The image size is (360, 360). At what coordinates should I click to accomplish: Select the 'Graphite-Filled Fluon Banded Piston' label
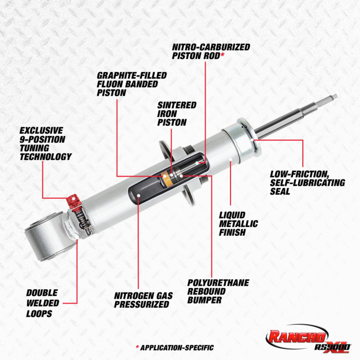131,83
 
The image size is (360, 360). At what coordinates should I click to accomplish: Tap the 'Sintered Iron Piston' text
176,113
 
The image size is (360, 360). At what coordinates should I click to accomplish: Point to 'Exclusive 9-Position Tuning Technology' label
45,144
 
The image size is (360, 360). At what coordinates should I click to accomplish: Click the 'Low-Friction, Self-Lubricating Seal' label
307,183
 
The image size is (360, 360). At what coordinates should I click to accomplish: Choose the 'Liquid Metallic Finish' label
238,224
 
